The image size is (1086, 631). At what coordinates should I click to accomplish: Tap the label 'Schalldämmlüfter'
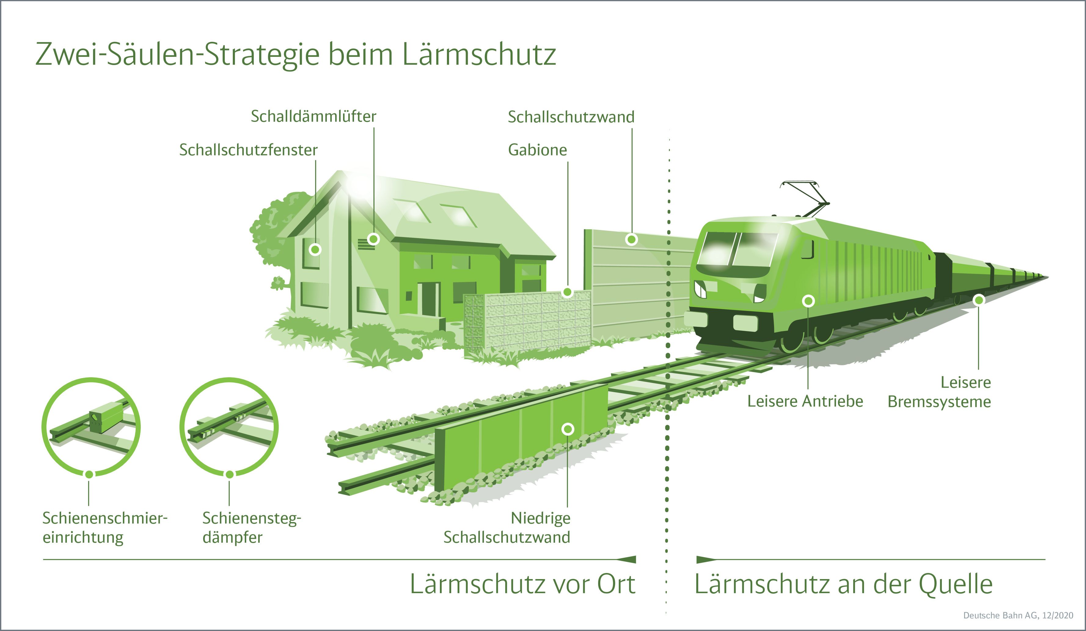314,116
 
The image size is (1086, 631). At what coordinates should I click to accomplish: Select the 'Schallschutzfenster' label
248,150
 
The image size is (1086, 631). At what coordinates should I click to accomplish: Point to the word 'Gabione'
537,150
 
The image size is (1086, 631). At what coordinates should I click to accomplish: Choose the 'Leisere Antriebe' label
805,401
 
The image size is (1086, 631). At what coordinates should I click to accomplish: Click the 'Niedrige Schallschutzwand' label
507,528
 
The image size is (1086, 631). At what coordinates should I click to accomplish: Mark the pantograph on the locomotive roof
805,199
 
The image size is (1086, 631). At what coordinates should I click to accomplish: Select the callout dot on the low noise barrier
568,429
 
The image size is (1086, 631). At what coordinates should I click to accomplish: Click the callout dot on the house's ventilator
373,239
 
